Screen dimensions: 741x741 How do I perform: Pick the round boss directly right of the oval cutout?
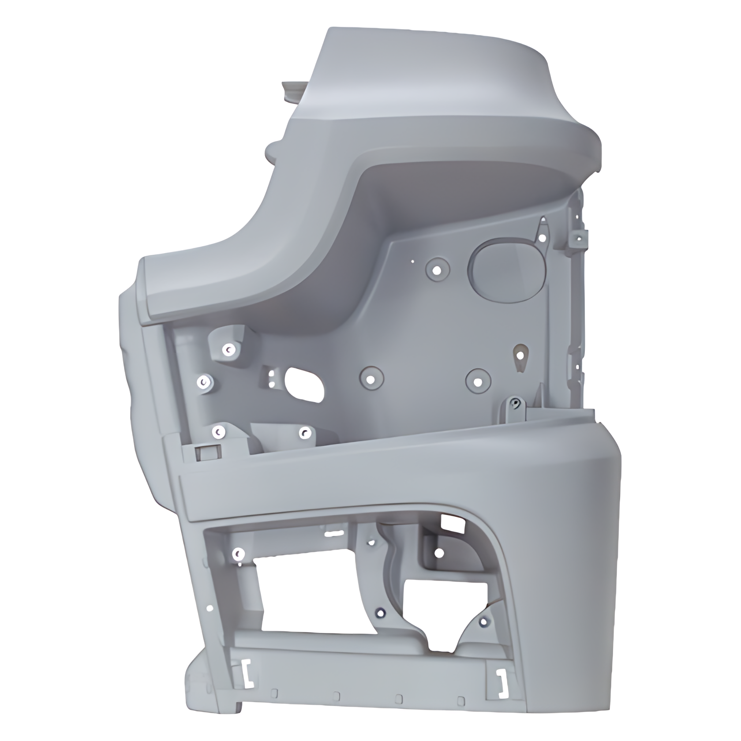pos(371,378)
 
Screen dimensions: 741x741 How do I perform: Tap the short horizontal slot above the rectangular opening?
pos(335,533)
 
